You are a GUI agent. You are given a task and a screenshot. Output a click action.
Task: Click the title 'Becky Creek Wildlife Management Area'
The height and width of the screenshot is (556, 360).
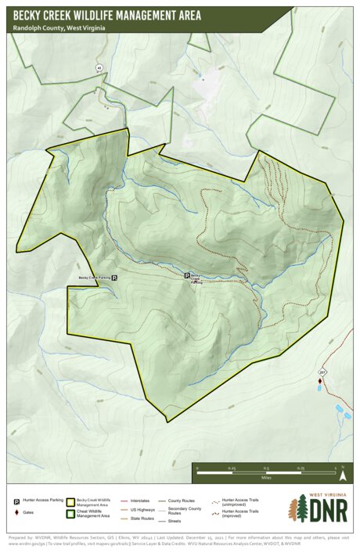tap(106, 15)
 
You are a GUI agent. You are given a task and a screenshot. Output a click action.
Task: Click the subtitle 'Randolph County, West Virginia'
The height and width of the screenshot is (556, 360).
tap(59, 27)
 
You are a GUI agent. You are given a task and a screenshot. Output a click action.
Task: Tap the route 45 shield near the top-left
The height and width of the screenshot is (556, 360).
tap(99, 68)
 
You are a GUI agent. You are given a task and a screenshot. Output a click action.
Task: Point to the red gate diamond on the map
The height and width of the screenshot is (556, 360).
tap(319, 381)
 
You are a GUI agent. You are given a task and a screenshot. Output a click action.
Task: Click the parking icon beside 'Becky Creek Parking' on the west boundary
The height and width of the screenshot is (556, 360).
tap(114, 278)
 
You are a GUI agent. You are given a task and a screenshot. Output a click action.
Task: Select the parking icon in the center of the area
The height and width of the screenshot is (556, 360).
tap(186, 275)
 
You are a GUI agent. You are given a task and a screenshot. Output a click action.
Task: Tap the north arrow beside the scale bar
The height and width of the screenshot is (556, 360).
tap(342, 474)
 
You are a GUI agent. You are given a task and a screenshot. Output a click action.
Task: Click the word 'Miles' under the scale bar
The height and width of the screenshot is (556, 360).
tap(267, 476)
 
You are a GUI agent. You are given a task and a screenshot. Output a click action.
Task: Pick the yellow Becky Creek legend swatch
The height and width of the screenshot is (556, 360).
tap(70, 500)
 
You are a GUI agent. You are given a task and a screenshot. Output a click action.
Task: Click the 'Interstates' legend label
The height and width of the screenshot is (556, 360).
tap(139, 500)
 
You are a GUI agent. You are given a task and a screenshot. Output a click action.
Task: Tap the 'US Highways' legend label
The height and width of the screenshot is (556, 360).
tap(141, 509)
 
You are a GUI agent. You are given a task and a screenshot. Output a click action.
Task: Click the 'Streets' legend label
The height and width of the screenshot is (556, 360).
tap(175, 520)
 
